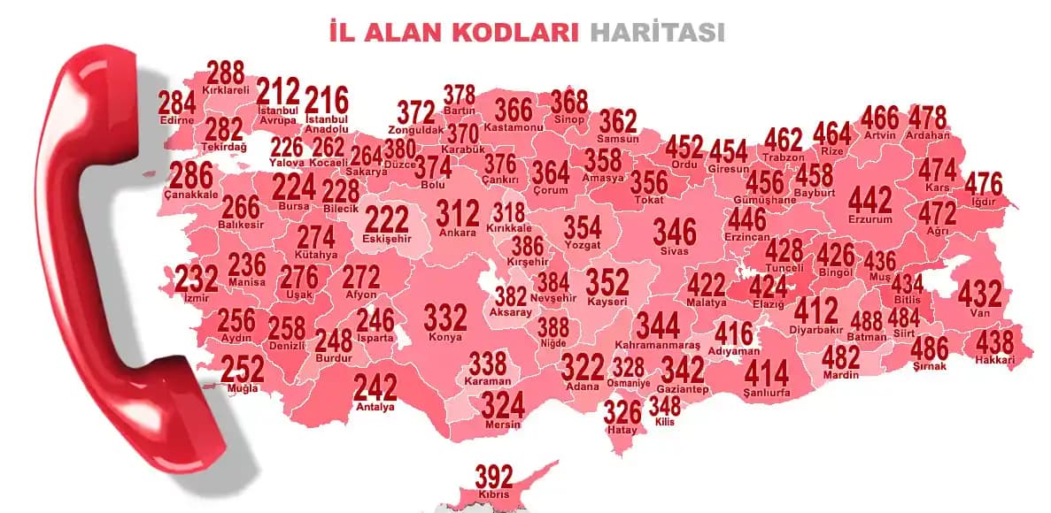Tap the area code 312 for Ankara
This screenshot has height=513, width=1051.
pos(458,214)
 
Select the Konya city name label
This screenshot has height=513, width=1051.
pos(444,337)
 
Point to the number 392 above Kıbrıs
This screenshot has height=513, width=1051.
pos(494,477)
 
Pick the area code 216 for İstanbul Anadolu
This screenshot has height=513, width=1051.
pos(327,100)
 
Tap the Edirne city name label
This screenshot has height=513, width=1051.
pos(177,120)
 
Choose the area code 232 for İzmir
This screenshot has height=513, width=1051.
pos(196,279)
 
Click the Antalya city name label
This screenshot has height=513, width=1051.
pos(375,407)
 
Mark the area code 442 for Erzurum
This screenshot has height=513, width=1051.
pos(870,200)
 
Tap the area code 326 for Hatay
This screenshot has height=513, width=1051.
pos(622,412)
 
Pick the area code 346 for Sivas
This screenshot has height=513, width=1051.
pos(675,232)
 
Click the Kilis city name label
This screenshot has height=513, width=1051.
pos(664,422)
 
